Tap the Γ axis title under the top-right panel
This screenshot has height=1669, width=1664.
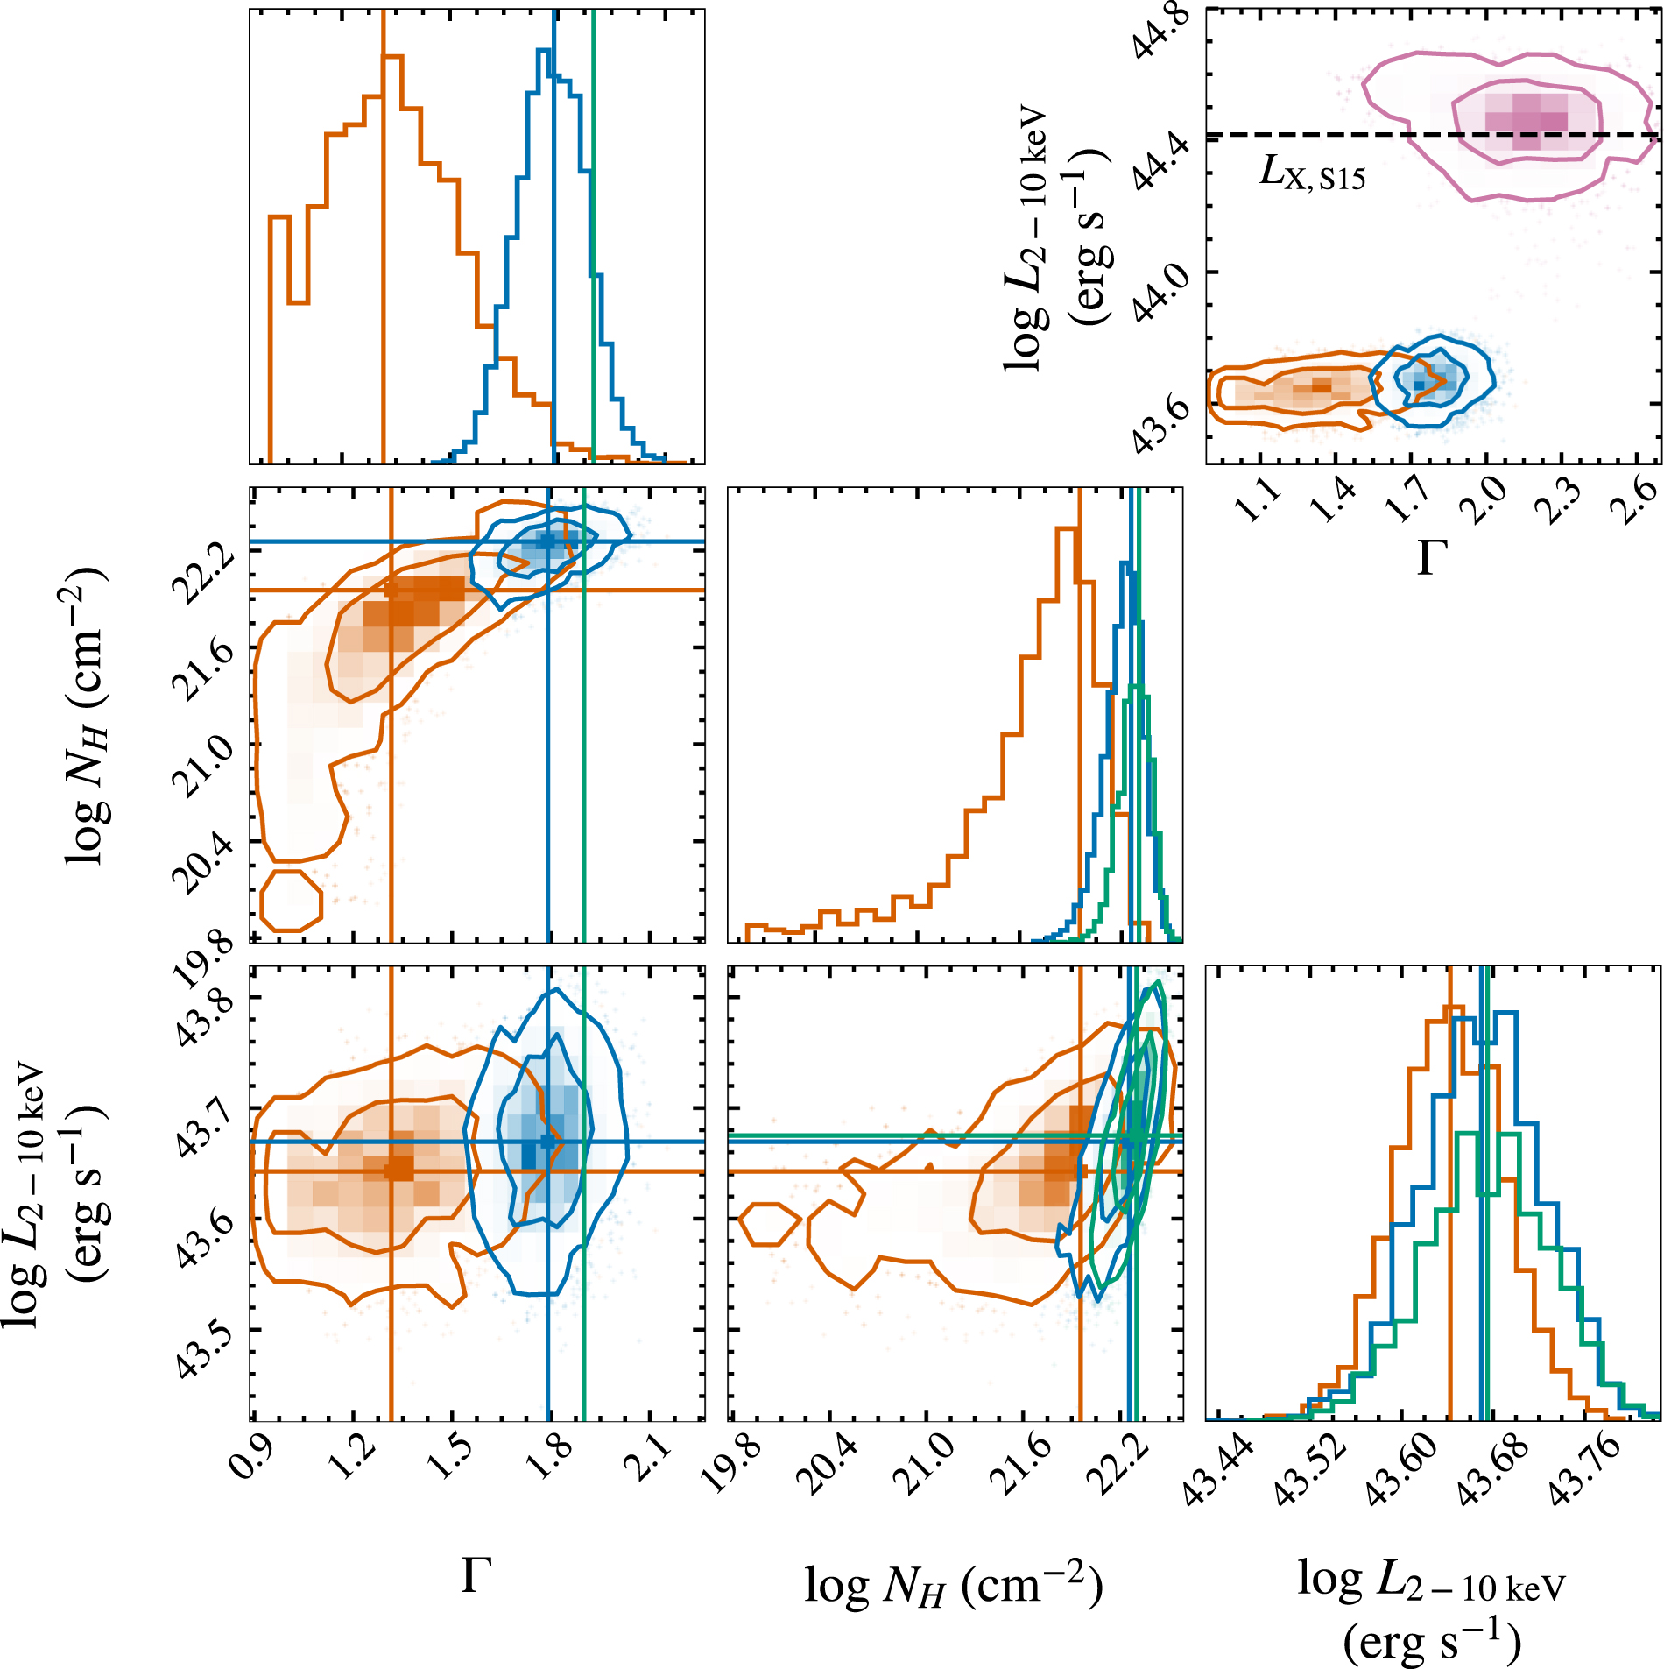(1432, 558)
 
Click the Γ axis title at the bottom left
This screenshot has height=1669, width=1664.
(476, 1577)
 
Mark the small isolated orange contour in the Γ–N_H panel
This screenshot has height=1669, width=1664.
(291, 900)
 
